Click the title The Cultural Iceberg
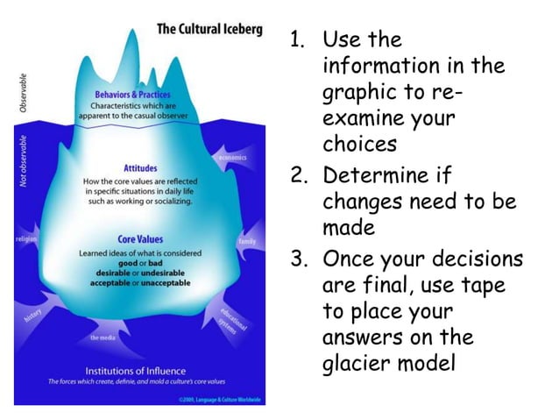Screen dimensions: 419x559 (208, 30)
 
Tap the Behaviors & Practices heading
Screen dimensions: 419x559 (133, 94)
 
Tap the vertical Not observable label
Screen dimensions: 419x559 (24, 161)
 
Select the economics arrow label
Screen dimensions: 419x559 (232, 158)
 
